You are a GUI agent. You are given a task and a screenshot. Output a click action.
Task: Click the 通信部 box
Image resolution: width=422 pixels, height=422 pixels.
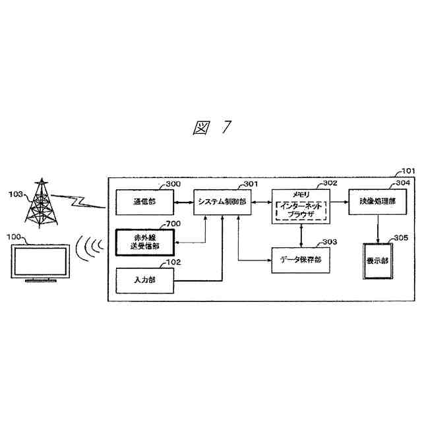144,201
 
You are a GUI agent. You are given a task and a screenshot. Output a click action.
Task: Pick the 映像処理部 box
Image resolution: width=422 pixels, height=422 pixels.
377,201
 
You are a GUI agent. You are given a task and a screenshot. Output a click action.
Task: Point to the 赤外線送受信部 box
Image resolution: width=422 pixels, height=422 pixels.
144,242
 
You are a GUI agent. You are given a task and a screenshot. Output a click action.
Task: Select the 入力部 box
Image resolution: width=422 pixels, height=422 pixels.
144,280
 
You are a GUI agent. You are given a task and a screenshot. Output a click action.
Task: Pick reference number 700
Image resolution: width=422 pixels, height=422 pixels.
173,224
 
